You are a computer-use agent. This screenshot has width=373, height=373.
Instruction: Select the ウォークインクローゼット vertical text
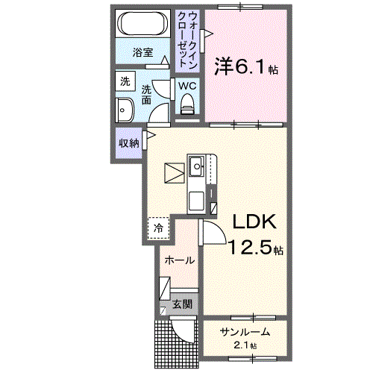coord(187,38)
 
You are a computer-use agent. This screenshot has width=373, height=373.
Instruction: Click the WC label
coord(186,84)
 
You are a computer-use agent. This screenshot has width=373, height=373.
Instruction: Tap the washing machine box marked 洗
coord(125,81)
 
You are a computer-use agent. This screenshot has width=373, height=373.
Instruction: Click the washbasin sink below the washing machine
coord(124,111)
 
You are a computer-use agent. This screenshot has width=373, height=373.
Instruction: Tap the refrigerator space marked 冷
coord(158,228)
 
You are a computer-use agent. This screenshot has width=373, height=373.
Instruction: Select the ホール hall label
coord(179,261)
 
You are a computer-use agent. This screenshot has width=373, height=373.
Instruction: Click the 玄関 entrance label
coord(183,304)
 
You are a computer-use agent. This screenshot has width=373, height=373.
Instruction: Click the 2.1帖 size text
coord(243,346)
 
